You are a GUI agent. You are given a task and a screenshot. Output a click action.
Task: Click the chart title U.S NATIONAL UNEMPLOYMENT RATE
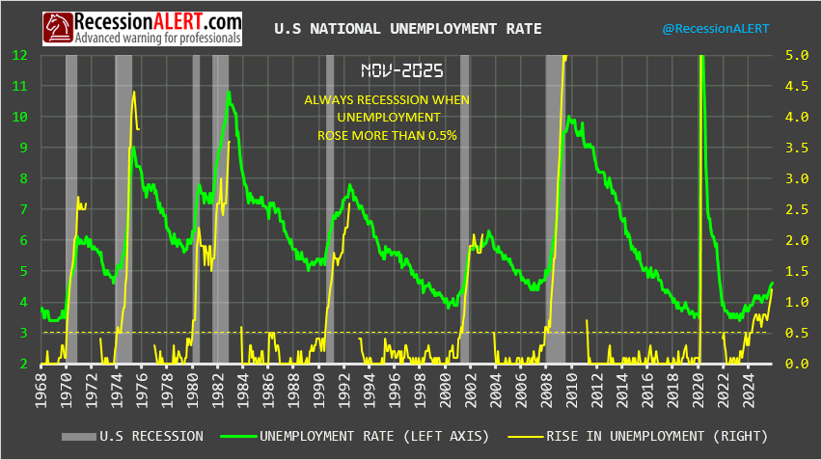pos(408,29)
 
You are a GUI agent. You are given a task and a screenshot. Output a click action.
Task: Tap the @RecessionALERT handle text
pos(715,29)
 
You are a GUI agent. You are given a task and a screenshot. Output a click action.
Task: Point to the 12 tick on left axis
pos(19,55)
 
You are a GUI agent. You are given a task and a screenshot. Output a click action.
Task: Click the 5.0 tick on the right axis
pos(797,55)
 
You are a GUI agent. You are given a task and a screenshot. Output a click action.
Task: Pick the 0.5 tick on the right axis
pos(797,333)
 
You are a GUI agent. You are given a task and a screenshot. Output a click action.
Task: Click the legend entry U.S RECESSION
pos(134,436)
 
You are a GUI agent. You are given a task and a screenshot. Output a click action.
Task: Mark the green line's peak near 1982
pos(229,93)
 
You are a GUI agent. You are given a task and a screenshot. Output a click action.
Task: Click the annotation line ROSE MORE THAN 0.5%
pos(387,136)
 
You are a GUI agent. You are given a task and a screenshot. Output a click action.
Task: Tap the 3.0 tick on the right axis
pos(797,178)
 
